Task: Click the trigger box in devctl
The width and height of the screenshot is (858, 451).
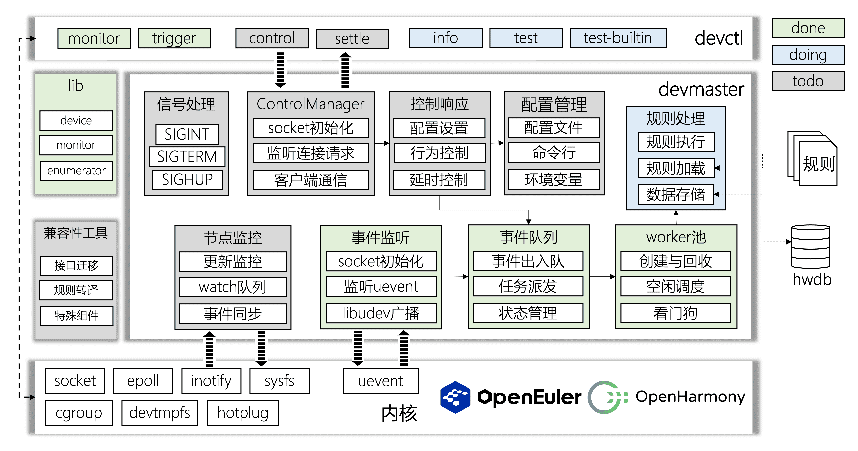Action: [x=174, y=38]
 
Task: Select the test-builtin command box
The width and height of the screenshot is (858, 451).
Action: [x=618, y=38]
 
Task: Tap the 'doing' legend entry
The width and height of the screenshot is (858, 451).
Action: [x=808, y=55]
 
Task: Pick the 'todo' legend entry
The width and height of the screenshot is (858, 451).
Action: [x=808, y=81]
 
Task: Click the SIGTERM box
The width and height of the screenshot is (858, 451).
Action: [x=187, y=156]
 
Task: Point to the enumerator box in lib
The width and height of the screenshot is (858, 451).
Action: [x=76, y=171]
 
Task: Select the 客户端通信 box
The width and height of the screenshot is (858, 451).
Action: [x=311, y=180]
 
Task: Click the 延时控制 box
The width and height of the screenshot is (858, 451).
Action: [x=439, y=180]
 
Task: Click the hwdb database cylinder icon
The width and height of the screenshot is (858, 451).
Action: [x=810, y=247]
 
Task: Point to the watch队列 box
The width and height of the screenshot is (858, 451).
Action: [x=233, y=287]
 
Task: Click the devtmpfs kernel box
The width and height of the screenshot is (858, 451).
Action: [x=160, y=413]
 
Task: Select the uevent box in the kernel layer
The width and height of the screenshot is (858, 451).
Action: [x=381, y=381]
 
